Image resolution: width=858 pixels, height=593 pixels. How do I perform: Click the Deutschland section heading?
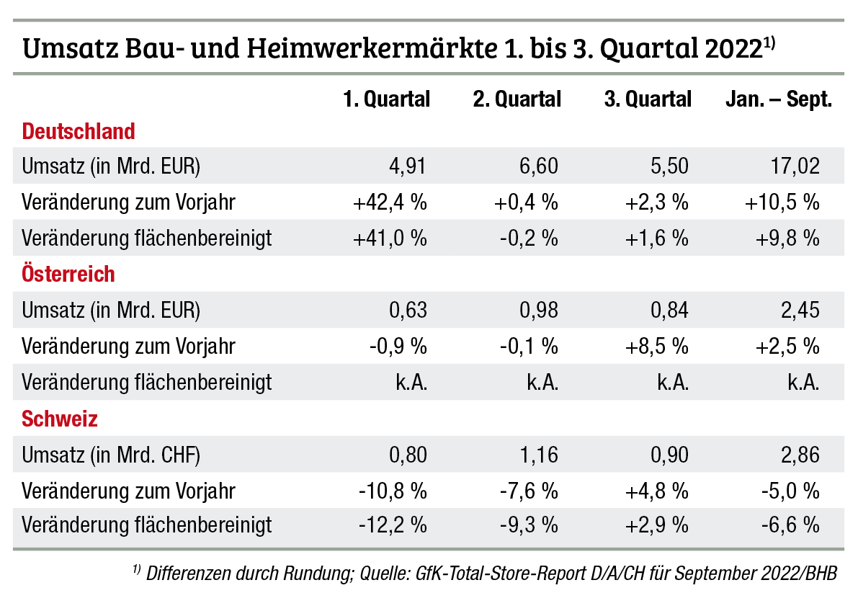pos(79,131)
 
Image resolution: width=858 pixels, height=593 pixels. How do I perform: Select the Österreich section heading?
pos(68,275)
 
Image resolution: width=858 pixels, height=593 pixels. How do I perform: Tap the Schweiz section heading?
pos(60,419)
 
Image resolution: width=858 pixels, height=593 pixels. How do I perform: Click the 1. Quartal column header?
pos(386,99)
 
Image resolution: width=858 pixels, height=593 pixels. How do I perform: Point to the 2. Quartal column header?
pos(517,99)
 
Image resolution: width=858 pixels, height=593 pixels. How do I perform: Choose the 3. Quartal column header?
pos(648,99)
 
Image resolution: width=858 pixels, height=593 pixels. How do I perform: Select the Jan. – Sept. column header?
pos(778,99)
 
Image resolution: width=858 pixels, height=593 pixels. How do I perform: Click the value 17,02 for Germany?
pos(795,166)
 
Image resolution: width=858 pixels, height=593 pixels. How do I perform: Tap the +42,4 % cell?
pos(390,202)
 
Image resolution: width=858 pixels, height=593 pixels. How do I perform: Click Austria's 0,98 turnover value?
pos(538,311)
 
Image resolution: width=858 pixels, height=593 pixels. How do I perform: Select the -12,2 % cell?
pos(393,526)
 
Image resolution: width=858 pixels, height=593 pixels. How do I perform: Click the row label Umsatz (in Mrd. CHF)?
pos(111,455)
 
